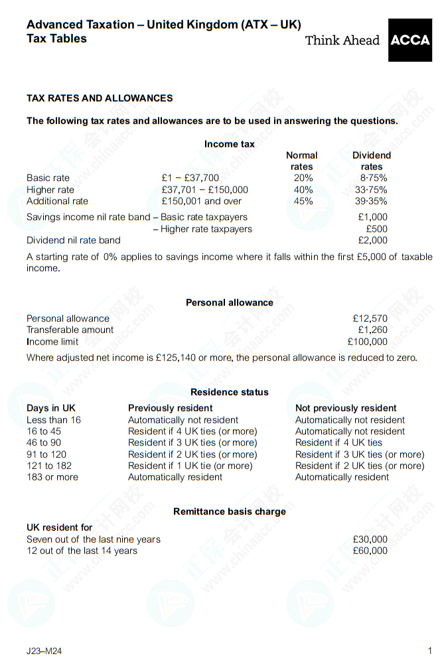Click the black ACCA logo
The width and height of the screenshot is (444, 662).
(409, 40)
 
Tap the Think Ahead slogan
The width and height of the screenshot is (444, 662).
(342, 40)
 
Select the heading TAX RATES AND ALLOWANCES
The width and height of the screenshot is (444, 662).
(100, 98)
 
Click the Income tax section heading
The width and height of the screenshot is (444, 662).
(229, 144)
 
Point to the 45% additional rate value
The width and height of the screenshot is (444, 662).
(303, 201)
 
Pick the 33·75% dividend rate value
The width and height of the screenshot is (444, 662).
(371, 190)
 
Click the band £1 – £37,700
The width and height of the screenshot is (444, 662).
(190, 178)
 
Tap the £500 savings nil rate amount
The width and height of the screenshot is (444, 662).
(376, 229)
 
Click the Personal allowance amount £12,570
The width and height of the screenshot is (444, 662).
(370, 318)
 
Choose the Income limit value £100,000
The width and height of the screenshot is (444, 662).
(367, 342)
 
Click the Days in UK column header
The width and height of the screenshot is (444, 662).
(51, 408)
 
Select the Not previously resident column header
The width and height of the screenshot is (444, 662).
(346, 408)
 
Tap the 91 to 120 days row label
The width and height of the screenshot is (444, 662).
(46, 454)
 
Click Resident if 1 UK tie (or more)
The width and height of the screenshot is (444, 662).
(190, 466)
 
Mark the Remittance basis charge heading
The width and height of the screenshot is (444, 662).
(230, 511)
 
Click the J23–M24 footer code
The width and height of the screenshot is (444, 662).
(44, 651)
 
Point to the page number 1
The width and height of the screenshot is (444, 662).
(429, 651)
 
